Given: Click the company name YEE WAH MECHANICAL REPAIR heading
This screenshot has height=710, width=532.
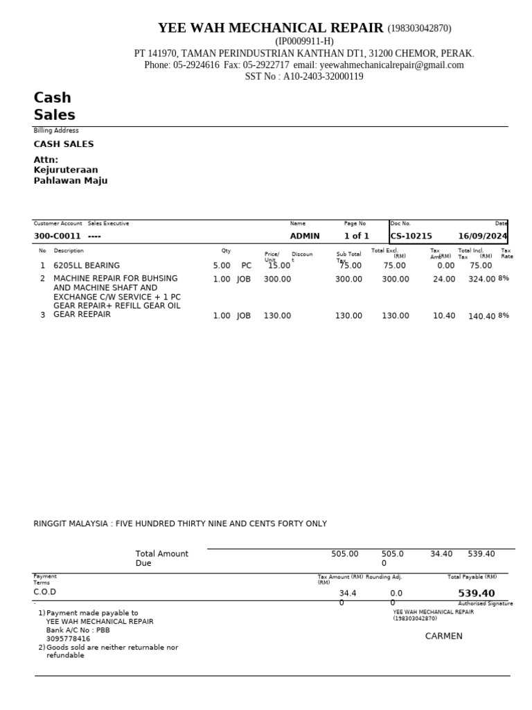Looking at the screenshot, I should (270, 28).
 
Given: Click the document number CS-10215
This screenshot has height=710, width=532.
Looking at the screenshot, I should (411, 236).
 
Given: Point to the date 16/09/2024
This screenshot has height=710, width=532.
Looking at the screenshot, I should (482, 236).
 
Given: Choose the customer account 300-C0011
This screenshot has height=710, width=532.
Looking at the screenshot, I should (57, 236).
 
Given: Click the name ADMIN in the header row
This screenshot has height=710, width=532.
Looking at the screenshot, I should (305, 236).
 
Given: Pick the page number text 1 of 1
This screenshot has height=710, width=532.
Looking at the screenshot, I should (357, 236).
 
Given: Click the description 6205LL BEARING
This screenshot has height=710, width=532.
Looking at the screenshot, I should (87, 266).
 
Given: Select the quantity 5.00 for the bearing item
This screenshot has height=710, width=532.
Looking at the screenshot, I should (222, 266).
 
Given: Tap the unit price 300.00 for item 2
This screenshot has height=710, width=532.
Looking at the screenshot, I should (277, 279).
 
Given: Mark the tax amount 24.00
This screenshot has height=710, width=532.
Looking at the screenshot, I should (444, 279).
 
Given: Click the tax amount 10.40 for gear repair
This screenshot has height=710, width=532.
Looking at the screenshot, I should (444, 316).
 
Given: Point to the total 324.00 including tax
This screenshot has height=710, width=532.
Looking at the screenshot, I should (482, 279).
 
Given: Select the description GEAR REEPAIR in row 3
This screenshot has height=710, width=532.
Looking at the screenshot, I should (82, 315).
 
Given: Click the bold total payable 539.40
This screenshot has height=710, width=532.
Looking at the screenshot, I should (477, 594).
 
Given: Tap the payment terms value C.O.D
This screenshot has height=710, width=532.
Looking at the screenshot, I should (45, 592).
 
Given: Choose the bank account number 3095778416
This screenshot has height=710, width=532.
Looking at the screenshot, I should (68, 639).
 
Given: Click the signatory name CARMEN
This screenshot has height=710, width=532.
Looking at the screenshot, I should (443, 637).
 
